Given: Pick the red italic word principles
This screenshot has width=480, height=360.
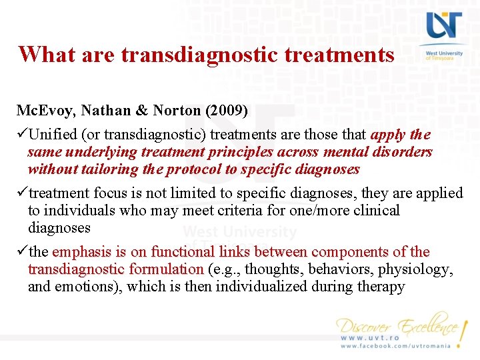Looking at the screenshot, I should coord(247,152).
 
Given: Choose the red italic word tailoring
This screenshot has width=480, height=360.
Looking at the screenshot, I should coord(110,169).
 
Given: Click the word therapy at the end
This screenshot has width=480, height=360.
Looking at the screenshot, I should coord(380,287).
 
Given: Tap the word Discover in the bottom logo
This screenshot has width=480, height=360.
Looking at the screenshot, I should coord(365,327).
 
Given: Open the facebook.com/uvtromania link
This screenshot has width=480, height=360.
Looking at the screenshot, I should coord(395,346).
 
